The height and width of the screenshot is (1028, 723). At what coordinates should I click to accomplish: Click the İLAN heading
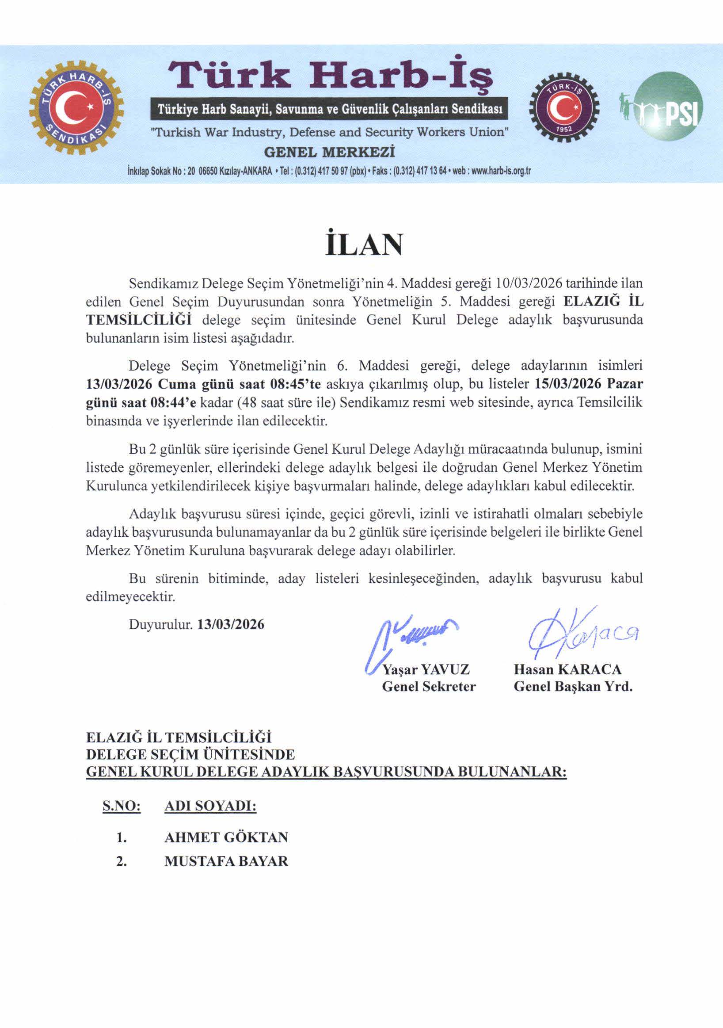(364, 245)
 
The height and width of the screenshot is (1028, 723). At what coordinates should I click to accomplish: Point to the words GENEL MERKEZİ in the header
(330, 152)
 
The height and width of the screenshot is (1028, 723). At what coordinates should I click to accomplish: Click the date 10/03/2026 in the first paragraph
(529, 283)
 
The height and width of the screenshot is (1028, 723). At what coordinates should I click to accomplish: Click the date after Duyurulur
(231, 624)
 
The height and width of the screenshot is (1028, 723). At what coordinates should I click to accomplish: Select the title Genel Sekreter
(429, 686)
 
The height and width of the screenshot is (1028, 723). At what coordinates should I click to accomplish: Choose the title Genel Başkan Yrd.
(573, 686)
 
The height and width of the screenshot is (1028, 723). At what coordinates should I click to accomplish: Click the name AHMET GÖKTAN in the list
(226, 837)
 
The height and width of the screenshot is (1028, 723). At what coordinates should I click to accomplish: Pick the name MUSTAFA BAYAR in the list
(226, 861)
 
